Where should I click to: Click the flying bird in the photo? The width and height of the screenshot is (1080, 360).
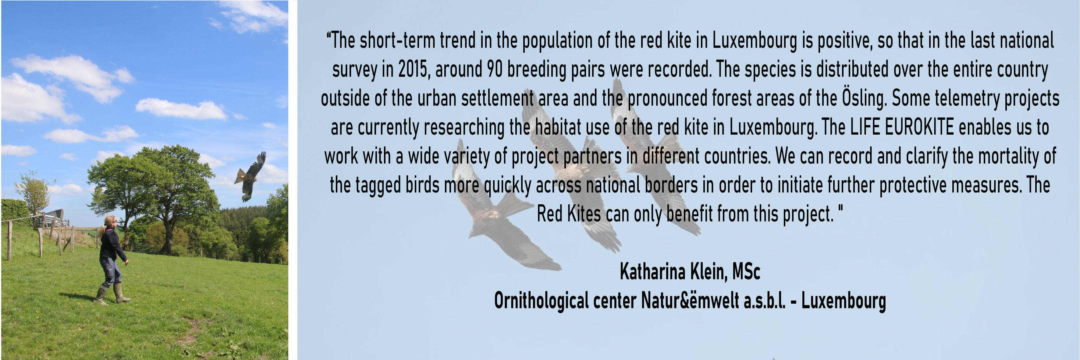250,176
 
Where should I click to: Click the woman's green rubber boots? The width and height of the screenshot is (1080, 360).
112,294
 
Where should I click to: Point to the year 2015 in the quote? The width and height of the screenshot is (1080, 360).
414,69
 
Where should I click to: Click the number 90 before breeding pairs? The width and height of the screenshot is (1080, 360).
495,69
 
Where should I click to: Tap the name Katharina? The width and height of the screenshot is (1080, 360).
652,272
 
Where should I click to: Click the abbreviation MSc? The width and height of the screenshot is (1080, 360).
746,272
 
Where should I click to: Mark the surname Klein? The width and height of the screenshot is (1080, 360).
709,272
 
